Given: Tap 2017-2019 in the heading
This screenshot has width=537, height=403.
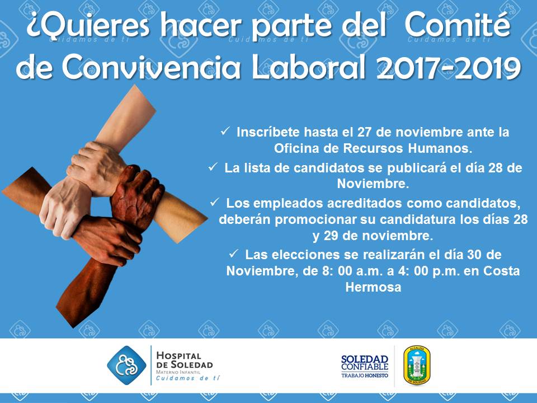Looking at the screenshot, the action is [x=449, y=67].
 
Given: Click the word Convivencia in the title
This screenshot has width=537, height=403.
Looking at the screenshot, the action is [x=150, y=68].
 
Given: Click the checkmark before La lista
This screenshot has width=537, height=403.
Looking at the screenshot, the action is [x=213, y=167].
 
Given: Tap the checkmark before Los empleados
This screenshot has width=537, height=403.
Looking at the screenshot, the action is [x=215, y=202].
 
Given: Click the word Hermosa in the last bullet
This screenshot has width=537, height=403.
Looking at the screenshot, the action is [x=373, y=287].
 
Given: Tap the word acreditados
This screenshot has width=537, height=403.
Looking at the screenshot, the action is [x=365, y=203].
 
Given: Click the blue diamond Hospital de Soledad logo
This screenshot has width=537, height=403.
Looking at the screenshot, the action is [x=126, y=365].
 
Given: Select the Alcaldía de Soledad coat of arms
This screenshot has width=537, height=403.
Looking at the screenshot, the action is [x=417, y=365].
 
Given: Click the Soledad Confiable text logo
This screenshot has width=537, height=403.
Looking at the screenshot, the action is [x=365, y=366].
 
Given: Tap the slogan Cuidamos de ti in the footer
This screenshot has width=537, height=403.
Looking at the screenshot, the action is [x=188, y=378].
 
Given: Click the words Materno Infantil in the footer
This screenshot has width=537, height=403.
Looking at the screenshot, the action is [x=178, y=372].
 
